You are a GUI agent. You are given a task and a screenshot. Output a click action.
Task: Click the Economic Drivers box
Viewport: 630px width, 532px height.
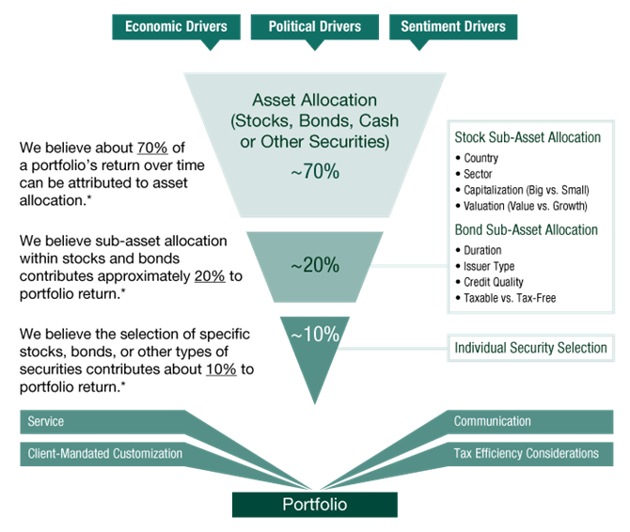(176, 26)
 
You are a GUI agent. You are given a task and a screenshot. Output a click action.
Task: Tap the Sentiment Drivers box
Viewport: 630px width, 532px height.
(452, 26)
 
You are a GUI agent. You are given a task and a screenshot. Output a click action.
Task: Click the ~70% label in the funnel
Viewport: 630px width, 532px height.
(315, 172)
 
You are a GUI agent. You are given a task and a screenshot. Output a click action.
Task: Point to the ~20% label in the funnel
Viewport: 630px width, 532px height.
(315, 265)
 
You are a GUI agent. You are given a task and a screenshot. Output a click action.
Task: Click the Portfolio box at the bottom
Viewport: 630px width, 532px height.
(315, 505)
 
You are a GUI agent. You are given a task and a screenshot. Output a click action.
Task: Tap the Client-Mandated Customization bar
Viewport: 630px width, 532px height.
(103, 453)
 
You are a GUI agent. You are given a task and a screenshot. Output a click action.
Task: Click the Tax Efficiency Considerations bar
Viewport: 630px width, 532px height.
(526, 453)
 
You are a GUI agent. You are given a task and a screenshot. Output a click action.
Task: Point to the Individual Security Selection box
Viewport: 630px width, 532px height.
(530, 348)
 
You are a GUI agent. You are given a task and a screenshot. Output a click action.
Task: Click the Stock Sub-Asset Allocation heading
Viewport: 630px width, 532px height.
(527, 137)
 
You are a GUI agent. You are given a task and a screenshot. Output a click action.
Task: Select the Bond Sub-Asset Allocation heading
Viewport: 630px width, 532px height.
(526, 230)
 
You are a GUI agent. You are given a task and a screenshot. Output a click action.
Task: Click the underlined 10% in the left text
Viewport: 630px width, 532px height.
(219, 369)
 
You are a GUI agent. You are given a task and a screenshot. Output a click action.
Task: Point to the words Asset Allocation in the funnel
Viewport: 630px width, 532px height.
(314, 99)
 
